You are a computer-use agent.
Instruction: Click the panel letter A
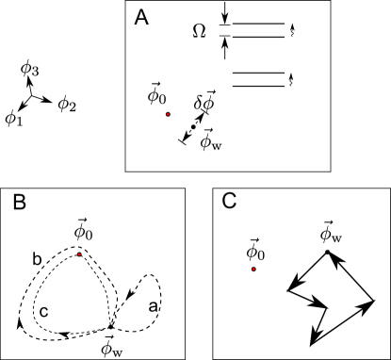click(141, 15)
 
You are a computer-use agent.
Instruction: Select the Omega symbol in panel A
click(199, 31)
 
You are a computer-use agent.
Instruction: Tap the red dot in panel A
click(168, 114)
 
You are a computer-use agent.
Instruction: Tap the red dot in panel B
click(79, 254)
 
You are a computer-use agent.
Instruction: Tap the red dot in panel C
click(254, 269)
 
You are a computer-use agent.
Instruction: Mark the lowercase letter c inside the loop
click(44, 311)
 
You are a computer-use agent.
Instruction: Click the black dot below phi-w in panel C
click(326, 252)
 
